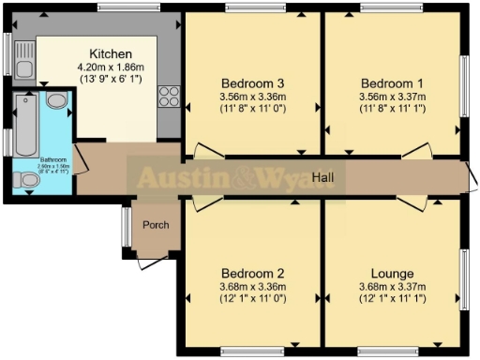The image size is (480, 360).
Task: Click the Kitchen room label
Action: (x=110, y=53)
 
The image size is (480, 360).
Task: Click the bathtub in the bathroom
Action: (x=23, y=123)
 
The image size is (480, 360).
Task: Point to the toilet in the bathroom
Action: (x=26, y=179)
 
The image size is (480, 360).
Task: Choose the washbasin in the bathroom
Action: (x=55, y=101)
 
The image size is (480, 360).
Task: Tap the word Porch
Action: (x=155, y=225)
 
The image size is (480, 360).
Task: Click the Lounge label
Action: (x=393, y=274)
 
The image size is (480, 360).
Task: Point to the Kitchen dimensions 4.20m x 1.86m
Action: (x=110, y=67)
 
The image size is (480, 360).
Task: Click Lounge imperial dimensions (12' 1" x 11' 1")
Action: (x=393, y=299)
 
